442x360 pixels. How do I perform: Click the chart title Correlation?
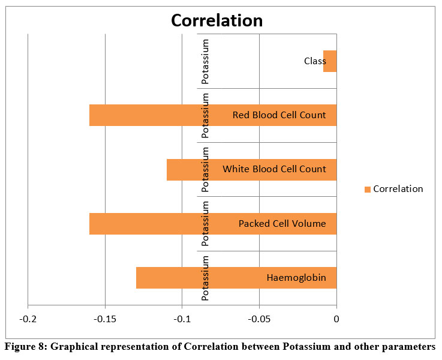coord(217,20)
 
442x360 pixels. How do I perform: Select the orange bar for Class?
coord(330,61)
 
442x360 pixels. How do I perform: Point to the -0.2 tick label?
coord(28,319)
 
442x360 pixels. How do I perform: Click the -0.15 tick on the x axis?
coord(105,319)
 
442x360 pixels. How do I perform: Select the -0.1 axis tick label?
coord(182,319)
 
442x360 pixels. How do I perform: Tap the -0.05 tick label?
coord(259,319)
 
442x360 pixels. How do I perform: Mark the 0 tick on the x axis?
coord(336,319)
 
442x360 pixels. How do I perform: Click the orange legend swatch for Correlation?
coord(367,190)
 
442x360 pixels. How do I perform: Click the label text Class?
coord(315,61)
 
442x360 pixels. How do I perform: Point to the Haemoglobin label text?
coord(296,278)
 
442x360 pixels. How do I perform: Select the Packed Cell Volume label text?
coord(282,224)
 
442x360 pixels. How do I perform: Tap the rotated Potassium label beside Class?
coord(206,61)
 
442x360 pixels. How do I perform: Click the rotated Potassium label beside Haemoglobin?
coord(206,278)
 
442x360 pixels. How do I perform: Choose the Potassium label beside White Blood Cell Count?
coord(206,169)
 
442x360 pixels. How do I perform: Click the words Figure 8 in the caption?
coord(25,346)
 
